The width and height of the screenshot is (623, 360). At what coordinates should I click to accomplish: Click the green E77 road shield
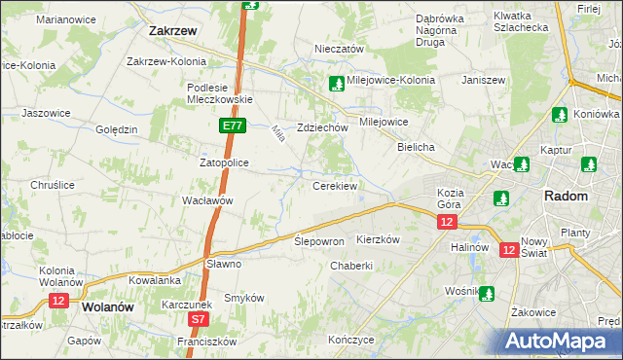click(x=231, y=126)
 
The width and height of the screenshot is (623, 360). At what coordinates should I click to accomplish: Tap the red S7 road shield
click(x=199, y=318)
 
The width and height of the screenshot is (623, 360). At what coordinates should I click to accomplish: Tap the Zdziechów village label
click(x=322, y=127)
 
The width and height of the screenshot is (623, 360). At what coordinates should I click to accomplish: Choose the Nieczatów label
click(x=339, y=49)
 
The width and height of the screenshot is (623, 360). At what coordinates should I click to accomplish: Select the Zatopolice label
click(x=225, y=162)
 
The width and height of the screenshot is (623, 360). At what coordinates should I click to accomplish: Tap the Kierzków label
click(x=379, y=239)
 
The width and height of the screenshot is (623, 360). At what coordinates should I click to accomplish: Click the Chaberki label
click(x=351, y=266)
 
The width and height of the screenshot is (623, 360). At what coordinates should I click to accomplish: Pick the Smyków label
click(x=244, y=298)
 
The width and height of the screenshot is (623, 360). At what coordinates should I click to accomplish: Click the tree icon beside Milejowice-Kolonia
click(x=336, y=83)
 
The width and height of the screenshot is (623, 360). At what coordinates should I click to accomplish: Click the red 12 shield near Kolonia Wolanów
click(x=57, y=302)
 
